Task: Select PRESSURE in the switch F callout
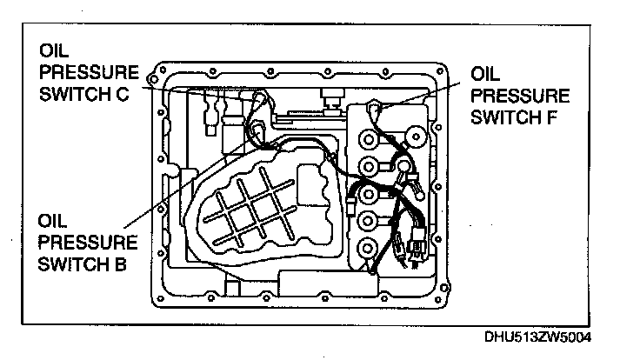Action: [520, 92]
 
